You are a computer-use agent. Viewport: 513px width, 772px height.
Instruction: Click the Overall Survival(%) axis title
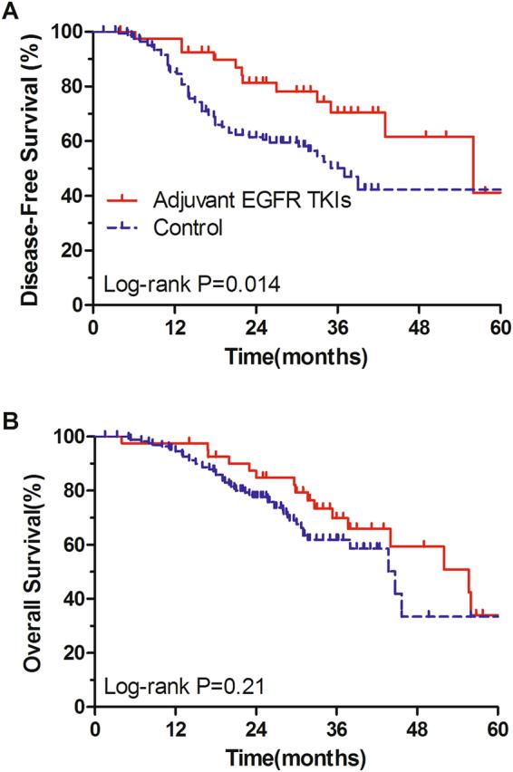pyautogui.click(x=32, y=570)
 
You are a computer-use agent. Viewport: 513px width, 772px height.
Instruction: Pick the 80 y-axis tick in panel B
pyautogui.click(x=73, y=490)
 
